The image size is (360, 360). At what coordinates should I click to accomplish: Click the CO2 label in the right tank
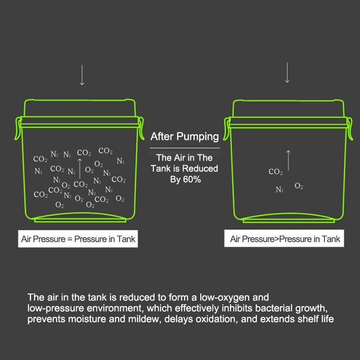pyautogui.click(x=275, y=171)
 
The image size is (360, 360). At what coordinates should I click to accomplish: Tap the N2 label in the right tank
pyautogui.click(x=279, y=189)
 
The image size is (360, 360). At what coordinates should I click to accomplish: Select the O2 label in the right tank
pyautogui.click(x=299, y=186)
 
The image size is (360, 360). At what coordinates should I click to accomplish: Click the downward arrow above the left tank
pyautogui.click(x=82, y=75)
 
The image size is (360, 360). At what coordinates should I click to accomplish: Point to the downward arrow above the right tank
pyautogui.click(x=287, y=72)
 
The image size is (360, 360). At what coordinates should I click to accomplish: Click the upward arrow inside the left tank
pyautogui.click(x=80, y=168)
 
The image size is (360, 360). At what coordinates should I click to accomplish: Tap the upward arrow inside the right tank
pyautogui.click(x=288, y=161)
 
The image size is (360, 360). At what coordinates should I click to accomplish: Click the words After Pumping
pyautogui.click(x=184, y=136)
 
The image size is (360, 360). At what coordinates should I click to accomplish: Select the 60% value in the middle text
pyautogui.click(x=192, y=179)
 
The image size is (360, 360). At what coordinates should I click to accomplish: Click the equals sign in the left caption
pyautogui.click(x=70, y=239)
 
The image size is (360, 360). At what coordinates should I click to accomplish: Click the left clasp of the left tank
pyautogui.click(x=18, y=128)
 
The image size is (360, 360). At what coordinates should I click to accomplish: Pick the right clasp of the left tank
pyautogui.click(x=141, y=128)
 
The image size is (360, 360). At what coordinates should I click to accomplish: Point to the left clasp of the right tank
pyautogui.click(x=227, y=129)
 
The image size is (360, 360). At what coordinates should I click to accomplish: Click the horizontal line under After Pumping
pyautogui.click(x=185, y=148)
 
